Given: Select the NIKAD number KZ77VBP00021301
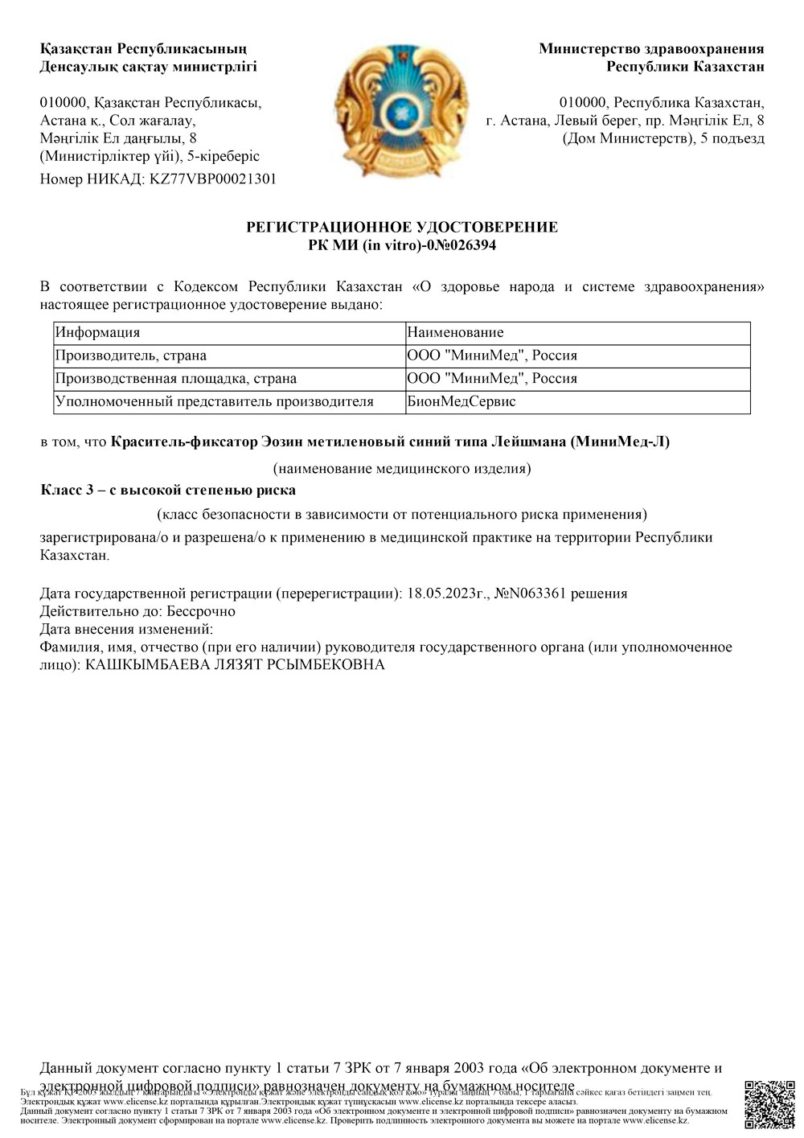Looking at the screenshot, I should point(213,179).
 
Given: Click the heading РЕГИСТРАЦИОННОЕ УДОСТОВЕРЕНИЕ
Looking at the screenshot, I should point(401,228).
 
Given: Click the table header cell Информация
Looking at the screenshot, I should point(97,332).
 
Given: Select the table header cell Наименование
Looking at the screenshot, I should point(455,332).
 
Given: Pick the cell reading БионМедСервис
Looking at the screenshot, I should point(461,401).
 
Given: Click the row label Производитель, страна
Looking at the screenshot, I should point(131,355).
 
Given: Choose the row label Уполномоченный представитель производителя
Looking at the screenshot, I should point(215,401).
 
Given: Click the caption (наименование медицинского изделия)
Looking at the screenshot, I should point(401,468).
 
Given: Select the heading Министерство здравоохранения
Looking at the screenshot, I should point(651,49).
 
